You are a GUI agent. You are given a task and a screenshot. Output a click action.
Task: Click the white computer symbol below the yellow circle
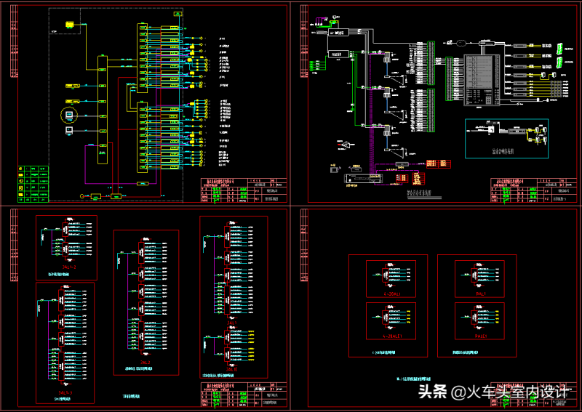point(70,131)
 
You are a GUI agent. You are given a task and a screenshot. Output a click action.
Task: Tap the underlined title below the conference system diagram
point(419,193)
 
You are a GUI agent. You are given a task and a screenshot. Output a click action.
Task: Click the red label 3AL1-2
point(67,268)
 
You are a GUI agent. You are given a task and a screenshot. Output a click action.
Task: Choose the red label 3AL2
point(145,361)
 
